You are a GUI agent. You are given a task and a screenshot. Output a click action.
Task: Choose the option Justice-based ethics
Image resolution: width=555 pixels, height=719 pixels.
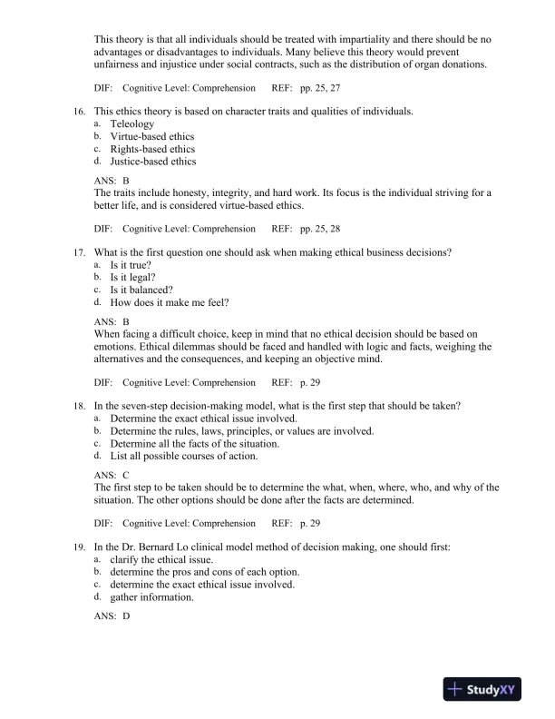pos(152,162)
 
